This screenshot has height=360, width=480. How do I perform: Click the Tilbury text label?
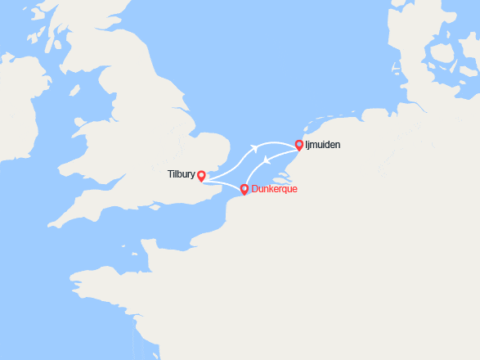[x=180, y=173]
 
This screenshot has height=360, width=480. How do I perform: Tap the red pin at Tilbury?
[x=201, y=175]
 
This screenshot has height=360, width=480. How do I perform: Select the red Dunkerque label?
[x=275, y=189]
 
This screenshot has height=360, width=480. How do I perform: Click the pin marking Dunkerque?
[x=244, y=190]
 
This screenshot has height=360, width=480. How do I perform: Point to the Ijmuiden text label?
[x=324, y=145]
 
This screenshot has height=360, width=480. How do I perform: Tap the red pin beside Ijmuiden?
[x=299, y=145]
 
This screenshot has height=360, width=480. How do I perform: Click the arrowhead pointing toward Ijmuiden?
[x=256, y=148]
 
